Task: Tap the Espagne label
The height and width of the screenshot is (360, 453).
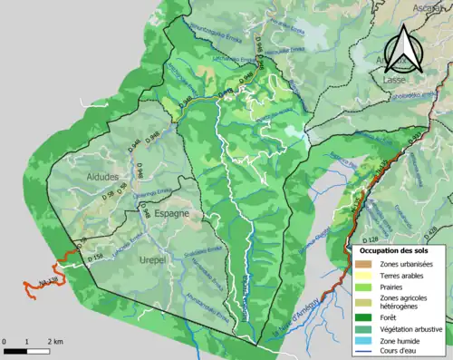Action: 171,213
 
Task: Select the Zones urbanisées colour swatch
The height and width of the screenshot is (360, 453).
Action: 362,264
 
